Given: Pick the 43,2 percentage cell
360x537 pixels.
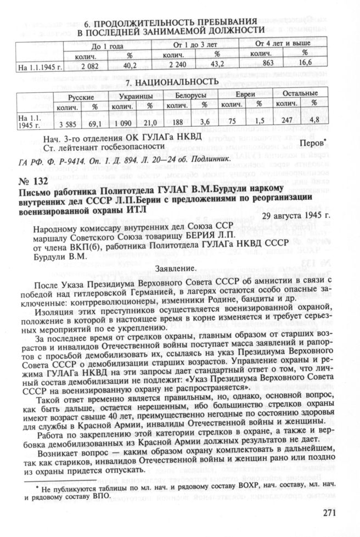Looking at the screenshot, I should click(x=216, y=66).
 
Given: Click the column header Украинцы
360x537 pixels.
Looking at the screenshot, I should click(x=135, y=96).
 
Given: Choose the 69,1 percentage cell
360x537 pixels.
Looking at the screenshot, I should click(x=96, y=122).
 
